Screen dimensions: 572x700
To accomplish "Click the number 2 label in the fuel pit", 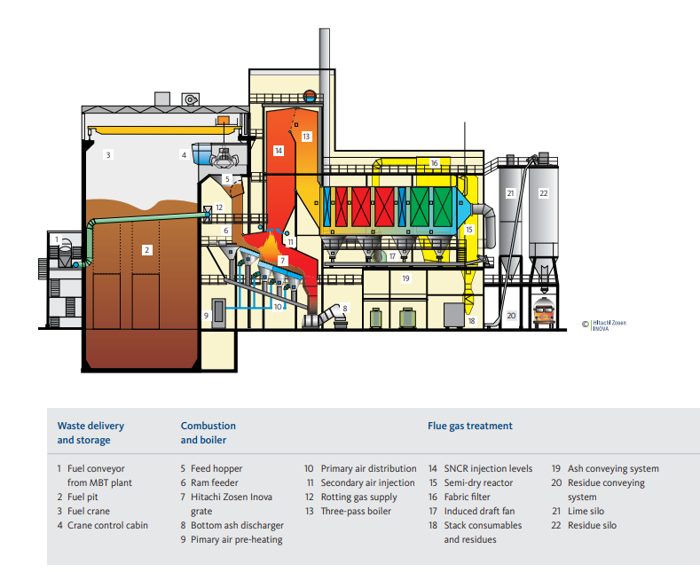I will click(146, 250).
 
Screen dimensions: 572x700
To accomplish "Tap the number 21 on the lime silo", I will click(510, 192).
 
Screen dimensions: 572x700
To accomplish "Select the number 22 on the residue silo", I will click(543, 192).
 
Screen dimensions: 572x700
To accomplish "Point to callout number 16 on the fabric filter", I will click(434, 163).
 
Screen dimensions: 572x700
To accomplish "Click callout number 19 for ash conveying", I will click(405, 278).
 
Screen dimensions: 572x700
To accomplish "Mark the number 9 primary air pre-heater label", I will click(206, 315).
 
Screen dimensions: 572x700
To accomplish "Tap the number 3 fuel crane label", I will click(108, 154).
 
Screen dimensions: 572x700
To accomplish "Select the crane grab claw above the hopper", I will click(227, 162).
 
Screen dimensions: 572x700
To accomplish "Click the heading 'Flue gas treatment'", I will click(470, 426).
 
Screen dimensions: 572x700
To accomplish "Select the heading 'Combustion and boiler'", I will click(208, 433).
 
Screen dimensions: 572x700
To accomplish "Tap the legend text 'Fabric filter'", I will click(466, 497).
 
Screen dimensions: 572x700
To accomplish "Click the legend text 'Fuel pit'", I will click(87, 497).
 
